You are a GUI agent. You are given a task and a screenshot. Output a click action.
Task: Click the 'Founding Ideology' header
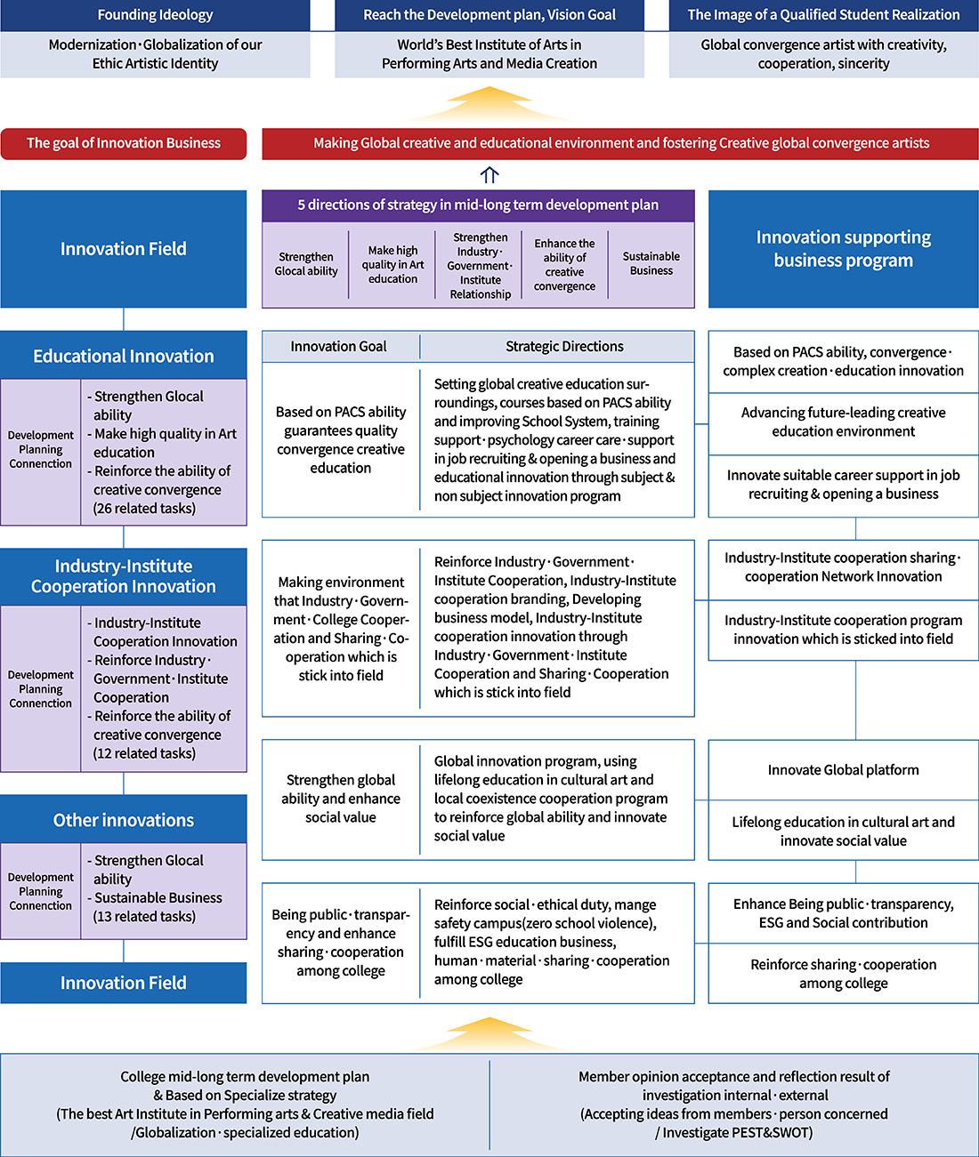coord(155,15)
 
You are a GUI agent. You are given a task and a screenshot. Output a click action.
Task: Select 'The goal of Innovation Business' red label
coord(124,143)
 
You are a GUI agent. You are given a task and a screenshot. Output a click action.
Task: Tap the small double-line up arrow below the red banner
coord(489,175)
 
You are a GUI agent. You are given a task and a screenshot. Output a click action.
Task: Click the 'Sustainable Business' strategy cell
coord(651,264)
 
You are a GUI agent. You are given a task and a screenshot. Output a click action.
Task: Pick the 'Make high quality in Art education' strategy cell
coord(392,264)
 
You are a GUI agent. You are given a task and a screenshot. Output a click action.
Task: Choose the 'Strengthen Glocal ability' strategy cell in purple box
coord(306,264)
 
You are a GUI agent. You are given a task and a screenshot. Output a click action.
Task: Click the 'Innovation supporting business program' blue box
coord(843,249)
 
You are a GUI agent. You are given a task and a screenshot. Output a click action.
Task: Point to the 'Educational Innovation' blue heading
coord(124,356)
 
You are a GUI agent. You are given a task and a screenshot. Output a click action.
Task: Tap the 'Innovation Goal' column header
coord(338,347)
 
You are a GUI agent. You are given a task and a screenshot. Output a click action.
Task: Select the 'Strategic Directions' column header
coord(564,347)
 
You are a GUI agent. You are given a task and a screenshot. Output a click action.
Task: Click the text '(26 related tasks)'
coord(144,509)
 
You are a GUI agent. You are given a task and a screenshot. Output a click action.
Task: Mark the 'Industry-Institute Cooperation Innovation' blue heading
coord(124,576)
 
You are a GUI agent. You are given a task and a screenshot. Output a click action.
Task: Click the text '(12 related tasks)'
coord(144,753)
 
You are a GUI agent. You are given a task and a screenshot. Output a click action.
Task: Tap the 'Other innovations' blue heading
coord(124,820)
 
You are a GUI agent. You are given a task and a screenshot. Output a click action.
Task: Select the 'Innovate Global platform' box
coord(843,770)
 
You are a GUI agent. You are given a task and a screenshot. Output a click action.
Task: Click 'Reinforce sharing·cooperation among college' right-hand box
coord(843,974)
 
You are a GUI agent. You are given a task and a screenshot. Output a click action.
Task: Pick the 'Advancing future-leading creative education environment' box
coord(843,422)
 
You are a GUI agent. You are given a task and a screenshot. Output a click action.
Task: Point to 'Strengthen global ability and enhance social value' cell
coord(341,799)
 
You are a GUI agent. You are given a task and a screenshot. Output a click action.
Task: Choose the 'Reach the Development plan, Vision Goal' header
coord(489,15)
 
